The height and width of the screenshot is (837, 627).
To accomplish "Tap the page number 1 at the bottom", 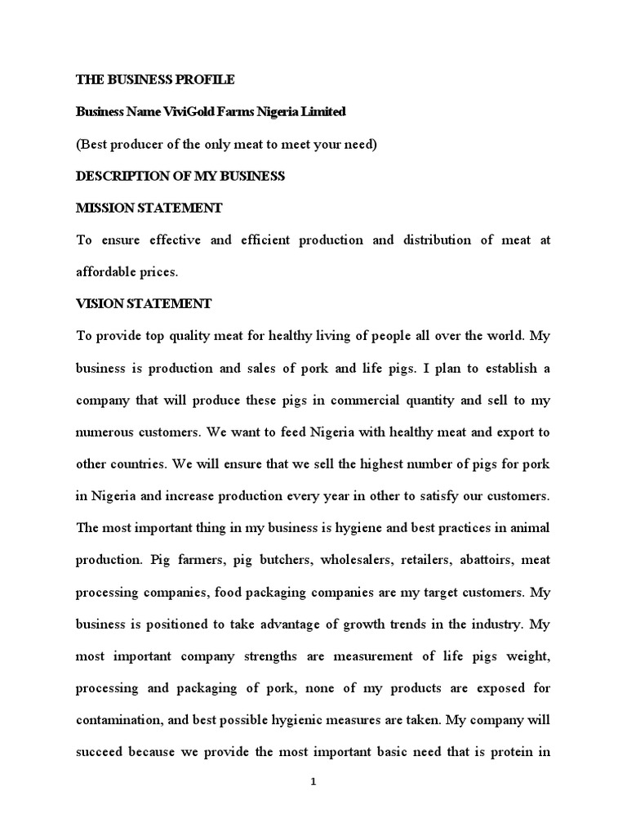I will coord(313,782).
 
